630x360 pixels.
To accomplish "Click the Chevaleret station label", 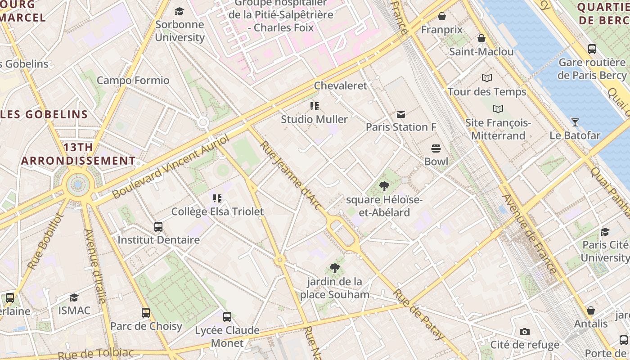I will (341, 85).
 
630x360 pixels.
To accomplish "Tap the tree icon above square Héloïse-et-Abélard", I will (384, 186).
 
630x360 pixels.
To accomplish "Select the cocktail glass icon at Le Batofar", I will (575, 122).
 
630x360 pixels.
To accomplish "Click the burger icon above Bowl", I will (436, 148).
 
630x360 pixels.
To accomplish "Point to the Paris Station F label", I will (401, 127).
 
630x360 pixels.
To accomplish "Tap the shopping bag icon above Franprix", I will (442, 16).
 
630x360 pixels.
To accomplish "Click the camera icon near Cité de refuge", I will (524, 332).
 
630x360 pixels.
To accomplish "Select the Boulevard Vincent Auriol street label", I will (171, 166).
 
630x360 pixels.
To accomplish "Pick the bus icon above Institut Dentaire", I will (158, 227).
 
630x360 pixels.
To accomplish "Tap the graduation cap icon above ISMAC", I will (74, 297).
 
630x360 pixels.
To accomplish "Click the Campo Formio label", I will (133, 81).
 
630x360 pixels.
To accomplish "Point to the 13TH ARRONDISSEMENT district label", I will (78, 154).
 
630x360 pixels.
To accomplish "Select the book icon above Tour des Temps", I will (487, 78).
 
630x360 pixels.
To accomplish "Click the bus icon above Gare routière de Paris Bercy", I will (592, 49).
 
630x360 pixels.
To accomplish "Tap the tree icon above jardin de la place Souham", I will (334, 268).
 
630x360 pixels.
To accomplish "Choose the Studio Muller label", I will (314, 119).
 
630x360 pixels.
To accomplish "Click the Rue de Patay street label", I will (419, 315).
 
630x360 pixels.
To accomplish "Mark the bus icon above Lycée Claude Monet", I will (227, 317).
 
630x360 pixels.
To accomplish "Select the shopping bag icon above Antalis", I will (591, 310).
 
